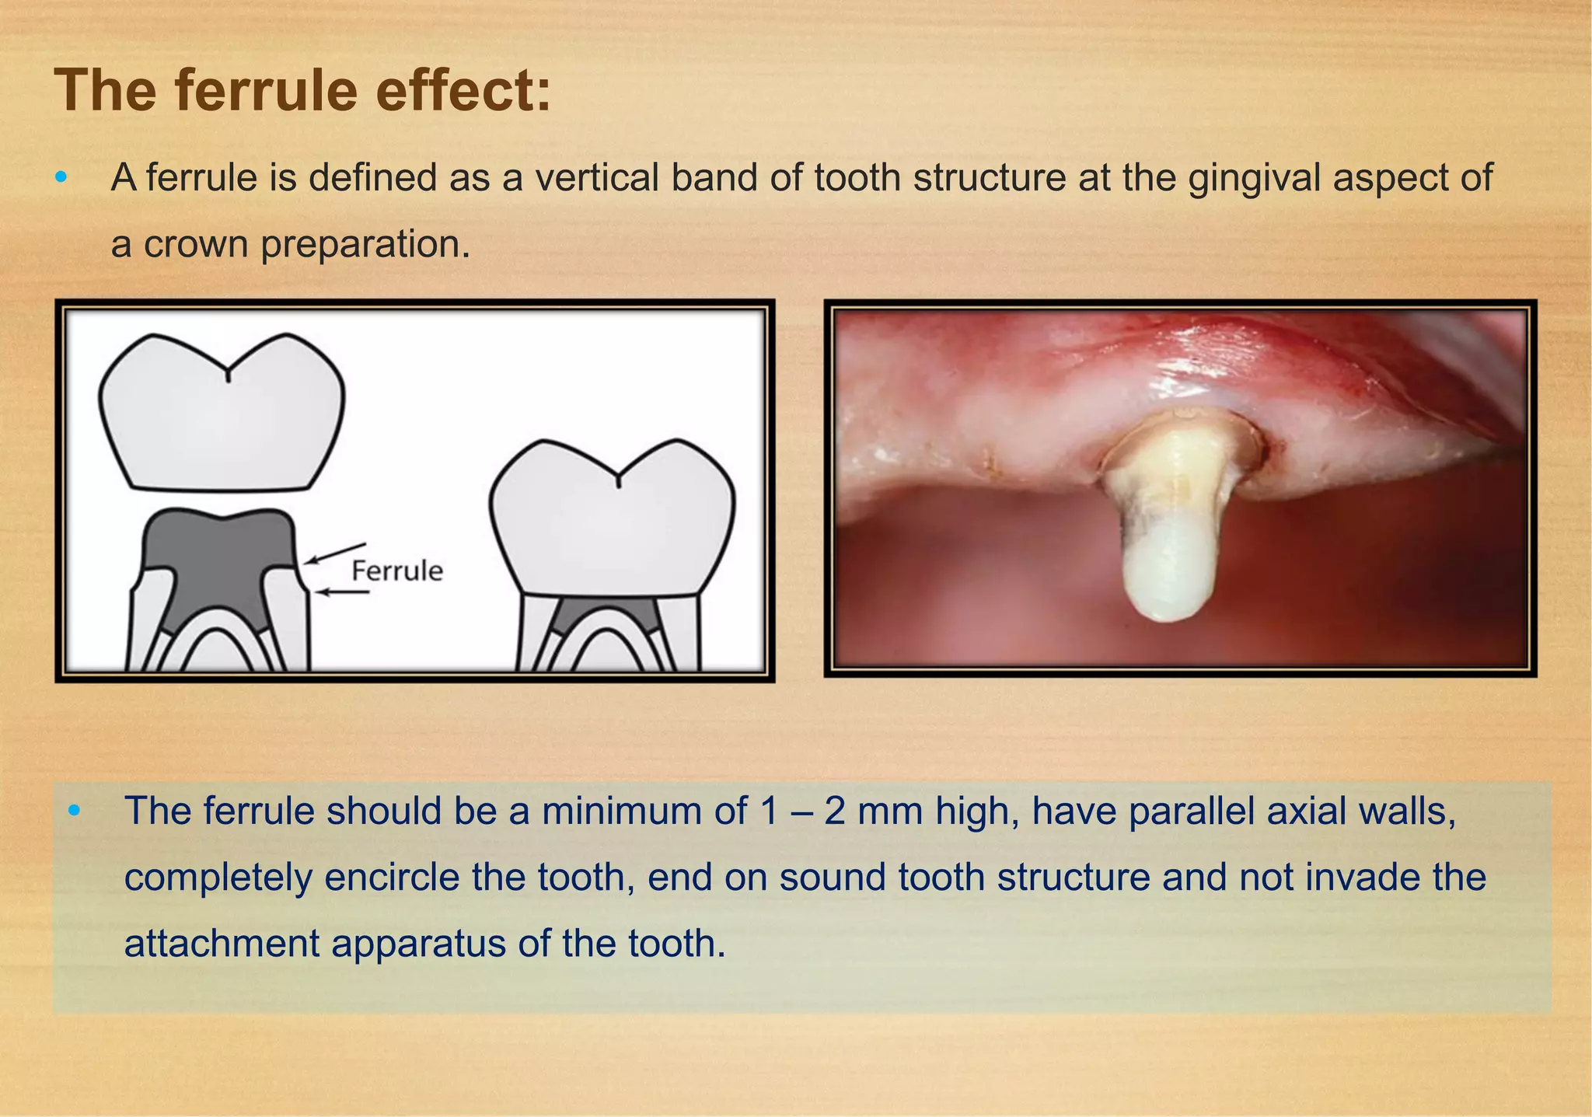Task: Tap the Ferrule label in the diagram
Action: pyautogui.click(x=396, y=571)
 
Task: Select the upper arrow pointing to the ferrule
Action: pyautogui.click(x=334, y=553)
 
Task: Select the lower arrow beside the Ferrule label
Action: pyautogui.click(x=343, y=592)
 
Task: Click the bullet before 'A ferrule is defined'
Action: pyautogui.click(x=61, y=178)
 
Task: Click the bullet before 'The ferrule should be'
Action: pyautogui.click(x=74, y=812)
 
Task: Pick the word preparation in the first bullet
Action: pyautogui.click(x=365, y=245)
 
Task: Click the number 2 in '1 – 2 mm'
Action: pyautogui.click(x=835, y=812)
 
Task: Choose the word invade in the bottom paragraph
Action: pyautogui.click(x=1356, y=878)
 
